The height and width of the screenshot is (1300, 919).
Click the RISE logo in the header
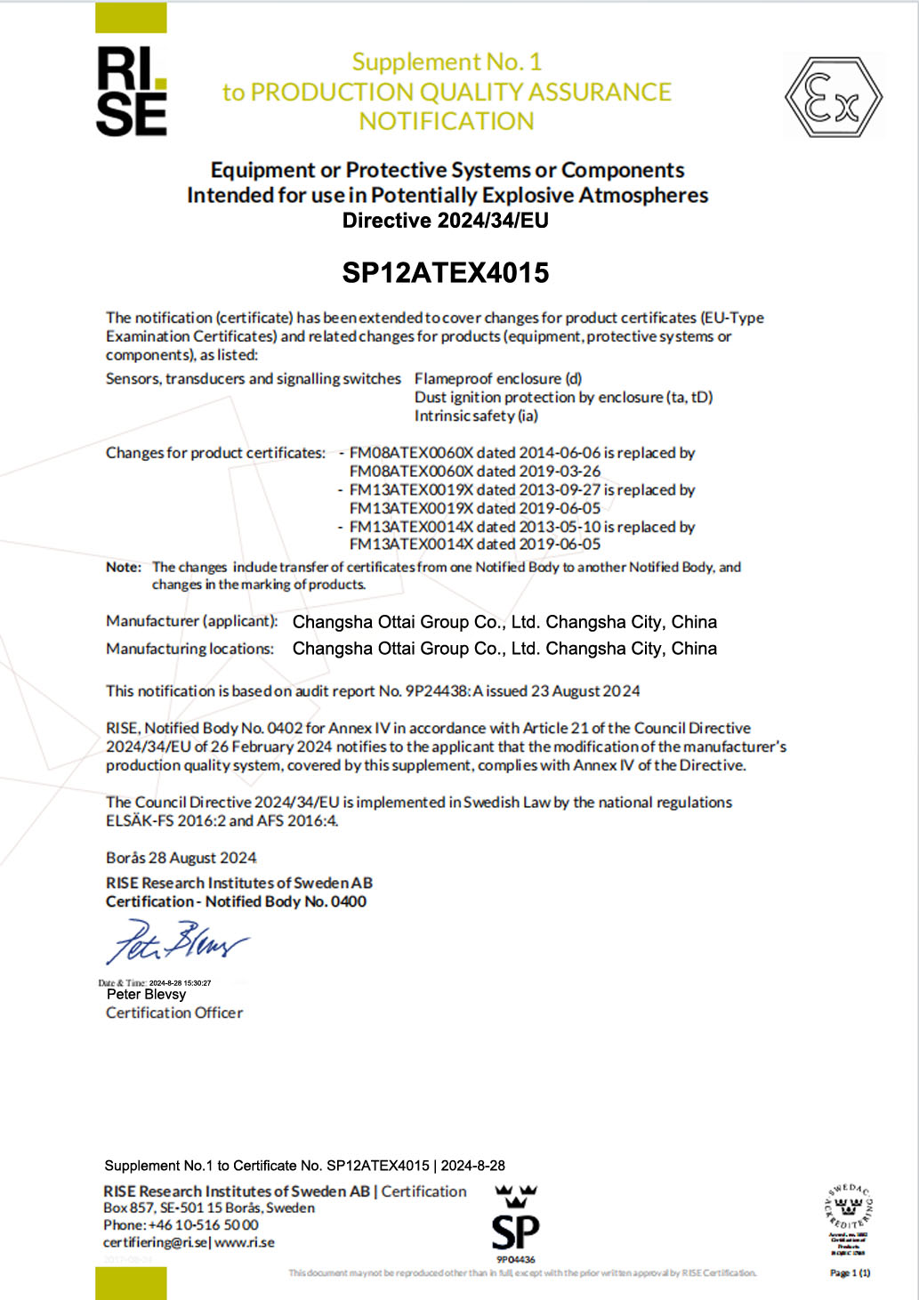(131, 92)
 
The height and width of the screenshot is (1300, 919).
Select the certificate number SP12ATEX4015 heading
(446, 272)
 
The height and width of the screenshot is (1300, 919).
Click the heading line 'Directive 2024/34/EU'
(446, 221)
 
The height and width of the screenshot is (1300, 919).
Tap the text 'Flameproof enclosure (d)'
(498, 379)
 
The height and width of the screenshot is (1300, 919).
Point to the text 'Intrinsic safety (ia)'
(476, 416)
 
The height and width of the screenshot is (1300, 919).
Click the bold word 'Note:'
(124, 567)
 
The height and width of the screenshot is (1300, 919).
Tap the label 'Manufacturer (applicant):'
(191, 621)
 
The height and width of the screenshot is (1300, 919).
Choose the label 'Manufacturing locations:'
(189, 649)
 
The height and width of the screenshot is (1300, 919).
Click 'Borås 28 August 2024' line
(181, 858)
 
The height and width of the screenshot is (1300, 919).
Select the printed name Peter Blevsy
(146, 995)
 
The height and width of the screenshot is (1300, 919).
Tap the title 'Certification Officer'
(174, 1013)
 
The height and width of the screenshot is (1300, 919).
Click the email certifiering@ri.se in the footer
(155, 1243)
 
